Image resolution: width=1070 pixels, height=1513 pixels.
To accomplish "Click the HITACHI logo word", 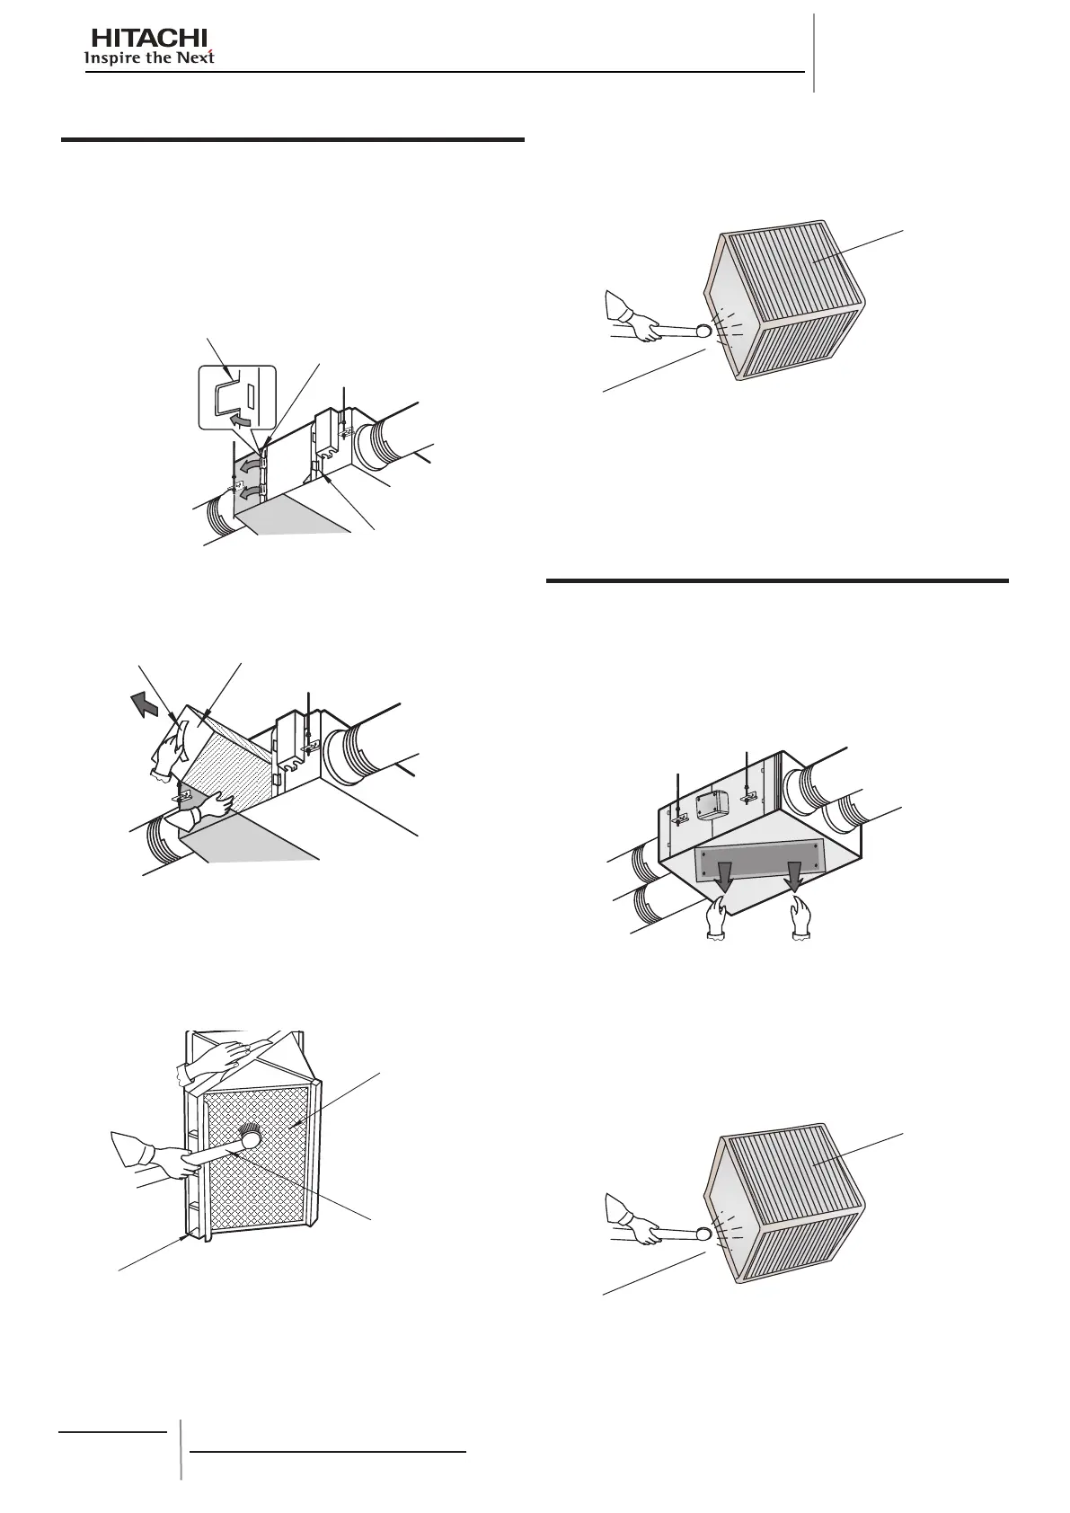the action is coord(150,39).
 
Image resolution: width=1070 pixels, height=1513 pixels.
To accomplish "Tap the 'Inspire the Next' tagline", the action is coord(149,58).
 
